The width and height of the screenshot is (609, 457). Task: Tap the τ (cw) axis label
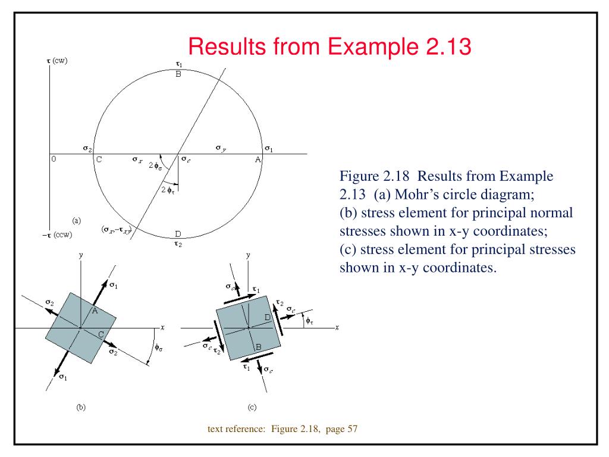(x=57, y=61)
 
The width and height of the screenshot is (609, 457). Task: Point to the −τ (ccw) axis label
(x=56, y=234)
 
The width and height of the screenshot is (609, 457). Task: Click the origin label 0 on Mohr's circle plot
(x=54, y=159)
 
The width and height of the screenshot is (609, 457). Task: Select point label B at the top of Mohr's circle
(x=178, y=74)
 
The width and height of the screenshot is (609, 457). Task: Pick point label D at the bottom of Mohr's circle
(x=178, y=233)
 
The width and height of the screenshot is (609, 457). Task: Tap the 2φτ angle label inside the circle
(x=168, y=190)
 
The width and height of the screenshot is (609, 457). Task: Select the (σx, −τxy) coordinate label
(x=116, y=229)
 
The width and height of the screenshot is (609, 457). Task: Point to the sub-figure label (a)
(x=77, y=220)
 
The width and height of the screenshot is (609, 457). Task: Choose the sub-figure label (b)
(x=81, y=408)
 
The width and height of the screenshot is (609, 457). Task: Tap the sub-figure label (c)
(x=252, y=408)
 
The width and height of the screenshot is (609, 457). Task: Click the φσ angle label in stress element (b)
(x=158, y=348)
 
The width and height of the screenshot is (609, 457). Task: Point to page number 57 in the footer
(x=351, y=429)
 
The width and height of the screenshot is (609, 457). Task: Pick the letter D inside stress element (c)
(x=268, y=317)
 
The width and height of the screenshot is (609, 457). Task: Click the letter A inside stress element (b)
(x=94, y=311)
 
